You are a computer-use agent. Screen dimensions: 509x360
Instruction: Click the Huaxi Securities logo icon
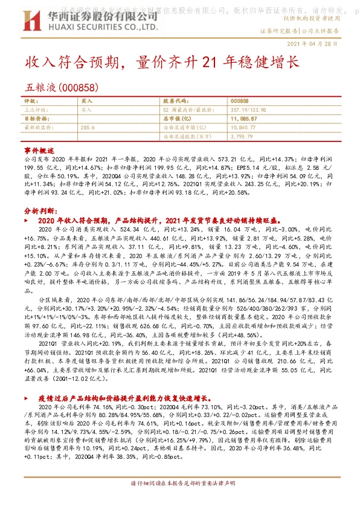pyautogui.click(x=33, y=22)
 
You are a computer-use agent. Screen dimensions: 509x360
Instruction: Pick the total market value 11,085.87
pyautogui.click(x=245, y=118)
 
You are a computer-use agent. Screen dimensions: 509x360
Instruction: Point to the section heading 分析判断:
pyautogui.click(x=41, y=211)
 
